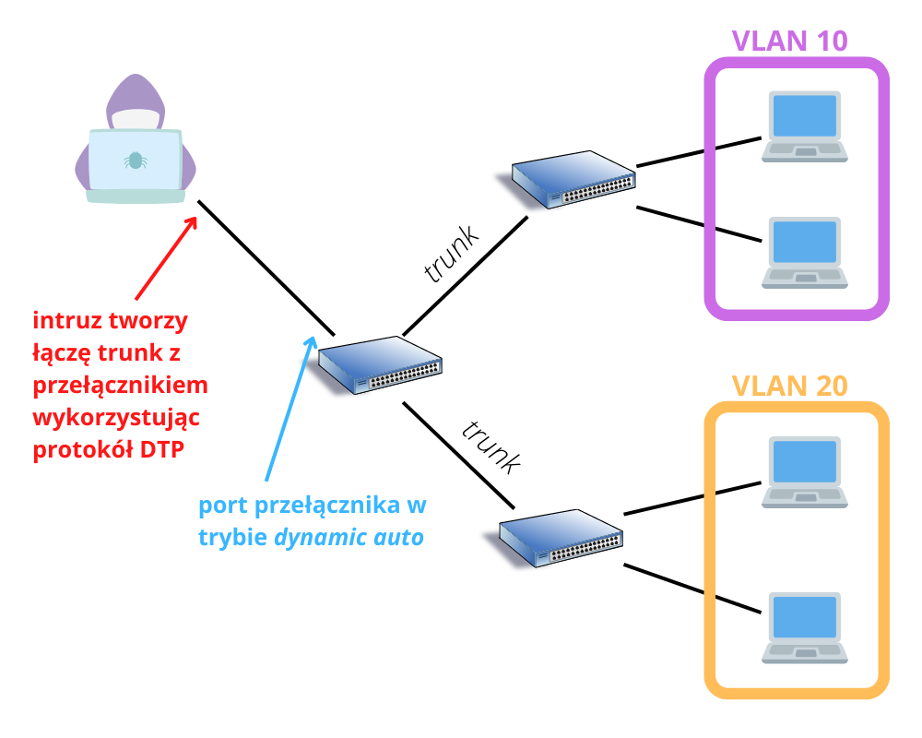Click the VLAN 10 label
pyautogui.click(x=789, y=41)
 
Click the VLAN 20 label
pyautogui.click(x=789, y=386)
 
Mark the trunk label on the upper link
pyautogui.click(x=452, y=254)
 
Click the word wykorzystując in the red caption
pyautogui.click(x=116, y=417)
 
